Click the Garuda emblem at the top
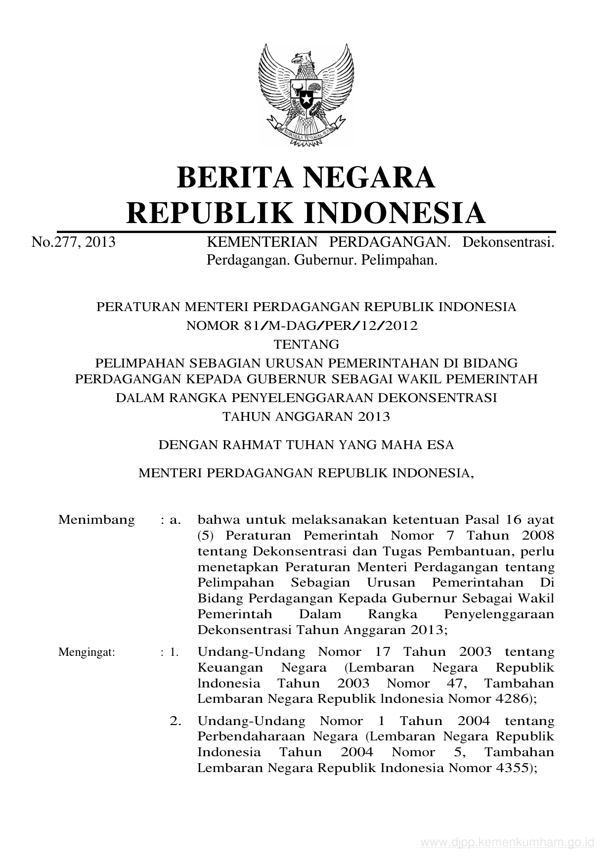pyautogui.click(x=306, y=94)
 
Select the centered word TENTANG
pyautogui.click(x=306, y=344)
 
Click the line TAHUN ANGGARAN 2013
pyautogui.click(x=306, y=416)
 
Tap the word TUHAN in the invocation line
pyautogui.click(x=309, y=445)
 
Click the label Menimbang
pyautogui.click(x=96, y=520)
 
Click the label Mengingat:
pyautogui.click(x=87, y=652)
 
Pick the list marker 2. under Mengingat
pyautogui.click(x=175, y=721)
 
